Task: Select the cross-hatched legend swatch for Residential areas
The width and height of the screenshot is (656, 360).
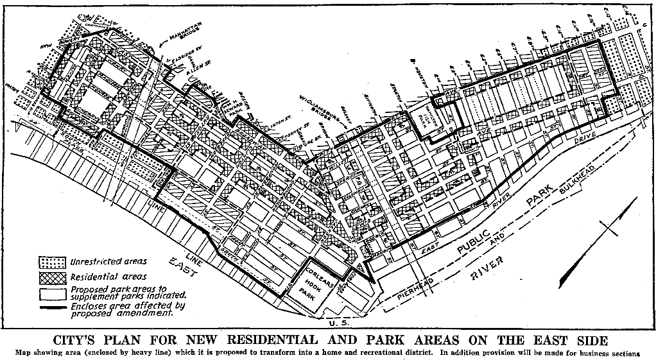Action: pos(52,278)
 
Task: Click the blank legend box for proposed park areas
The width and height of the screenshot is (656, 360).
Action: pos(52,293)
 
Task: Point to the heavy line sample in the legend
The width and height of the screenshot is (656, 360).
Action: pos(52,309)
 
